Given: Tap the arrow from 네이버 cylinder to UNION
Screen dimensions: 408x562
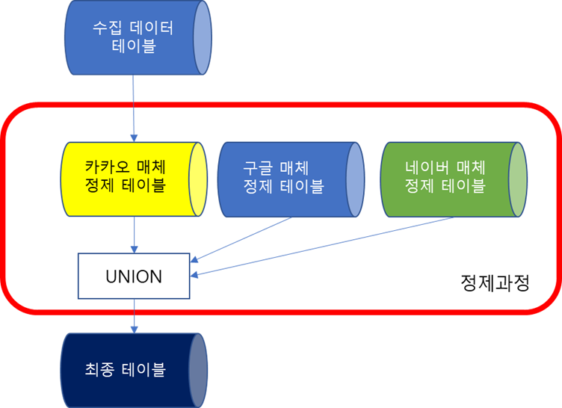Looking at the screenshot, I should click(x=321, y=247).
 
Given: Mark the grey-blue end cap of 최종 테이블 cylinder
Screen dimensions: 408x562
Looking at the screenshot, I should click(x=197, y=369).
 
